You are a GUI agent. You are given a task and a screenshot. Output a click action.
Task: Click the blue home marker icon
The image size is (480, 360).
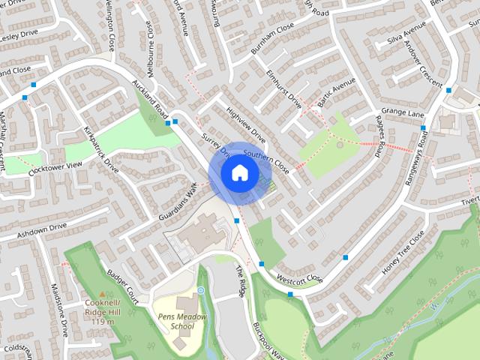[239, 172]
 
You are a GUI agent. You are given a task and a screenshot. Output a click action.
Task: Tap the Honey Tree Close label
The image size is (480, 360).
[403, 250]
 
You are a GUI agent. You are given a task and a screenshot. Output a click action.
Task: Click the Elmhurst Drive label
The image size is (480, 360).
[283, 89]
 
